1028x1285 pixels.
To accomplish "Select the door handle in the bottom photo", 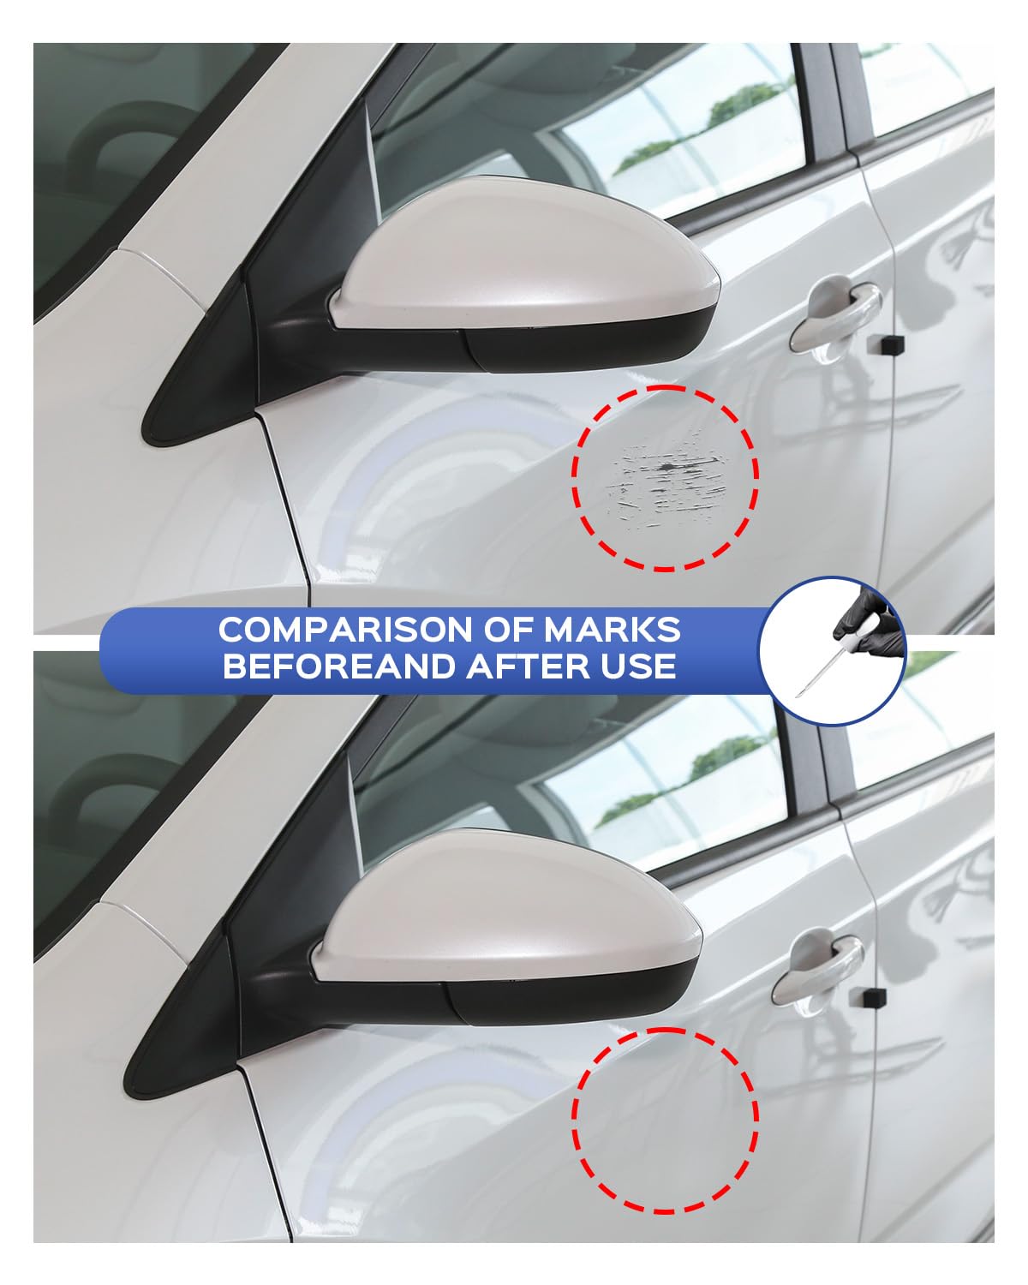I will coord(818,964).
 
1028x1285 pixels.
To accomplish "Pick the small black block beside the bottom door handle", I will coord(866,995).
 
